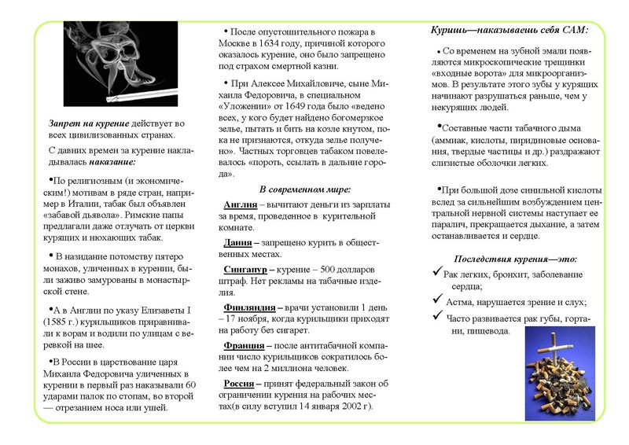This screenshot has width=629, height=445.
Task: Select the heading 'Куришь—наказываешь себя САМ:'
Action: [x=509, y=30]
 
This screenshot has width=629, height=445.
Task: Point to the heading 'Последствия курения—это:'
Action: [x=516, y=258]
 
